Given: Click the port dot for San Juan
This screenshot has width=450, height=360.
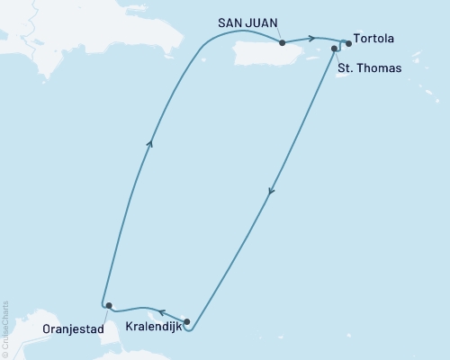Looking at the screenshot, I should click(x=283, y=41).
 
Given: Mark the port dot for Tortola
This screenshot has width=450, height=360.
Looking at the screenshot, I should click(x=348, y=43).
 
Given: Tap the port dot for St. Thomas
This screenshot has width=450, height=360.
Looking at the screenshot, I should click(x=335, y=49).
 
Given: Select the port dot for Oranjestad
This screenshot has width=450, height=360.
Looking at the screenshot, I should click(x=107, y=306).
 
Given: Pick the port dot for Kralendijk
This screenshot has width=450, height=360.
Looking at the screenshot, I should click(x=186, y=320).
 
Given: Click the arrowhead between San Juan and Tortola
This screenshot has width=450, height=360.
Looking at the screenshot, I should click(x=310, y=38).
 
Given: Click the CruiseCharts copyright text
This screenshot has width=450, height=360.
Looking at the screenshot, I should click(x=6, y=328).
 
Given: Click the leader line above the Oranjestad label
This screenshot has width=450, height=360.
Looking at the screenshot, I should click(x=104, y=313).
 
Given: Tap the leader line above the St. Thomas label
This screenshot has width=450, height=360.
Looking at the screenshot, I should click(x=337, y=56).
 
